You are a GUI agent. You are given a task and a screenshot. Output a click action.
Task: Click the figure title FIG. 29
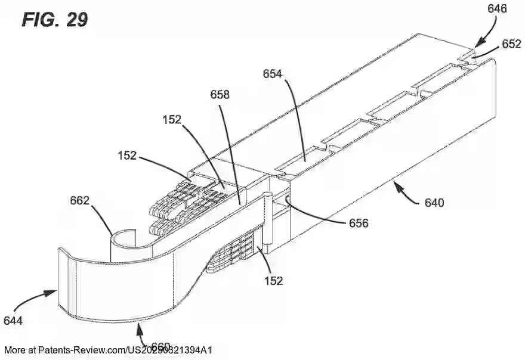coord(55,19)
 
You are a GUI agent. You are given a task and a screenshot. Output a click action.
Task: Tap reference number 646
coord(497,8)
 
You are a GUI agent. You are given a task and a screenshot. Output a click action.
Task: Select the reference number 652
coord(511,44)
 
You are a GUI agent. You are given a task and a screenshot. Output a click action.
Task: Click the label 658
coord(220,95)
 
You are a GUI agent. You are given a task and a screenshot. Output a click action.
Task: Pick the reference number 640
coord(434,203)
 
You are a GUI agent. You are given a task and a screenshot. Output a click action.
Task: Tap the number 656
coord(359,224)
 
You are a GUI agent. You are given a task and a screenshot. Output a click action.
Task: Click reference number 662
coord(78,201)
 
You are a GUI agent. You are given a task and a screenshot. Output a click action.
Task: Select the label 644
coord(13,321)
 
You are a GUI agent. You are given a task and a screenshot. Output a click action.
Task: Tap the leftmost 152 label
coord(126,156)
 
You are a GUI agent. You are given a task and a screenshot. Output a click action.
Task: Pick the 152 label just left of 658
coord(172,119)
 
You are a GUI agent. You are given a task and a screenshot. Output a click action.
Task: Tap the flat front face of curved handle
coord(119,286)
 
